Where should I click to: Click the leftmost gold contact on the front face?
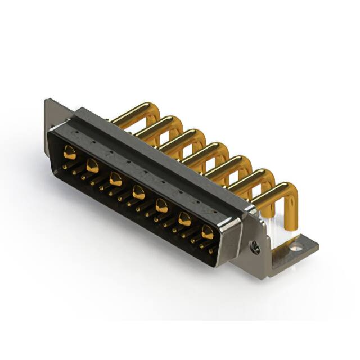70,151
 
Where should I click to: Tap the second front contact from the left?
93,166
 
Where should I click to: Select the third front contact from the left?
116,179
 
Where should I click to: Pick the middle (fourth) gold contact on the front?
138,193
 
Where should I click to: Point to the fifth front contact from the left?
161,206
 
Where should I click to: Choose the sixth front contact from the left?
184,219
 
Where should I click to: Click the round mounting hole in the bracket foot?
296,246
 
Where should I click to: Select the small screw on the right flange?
255,246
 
